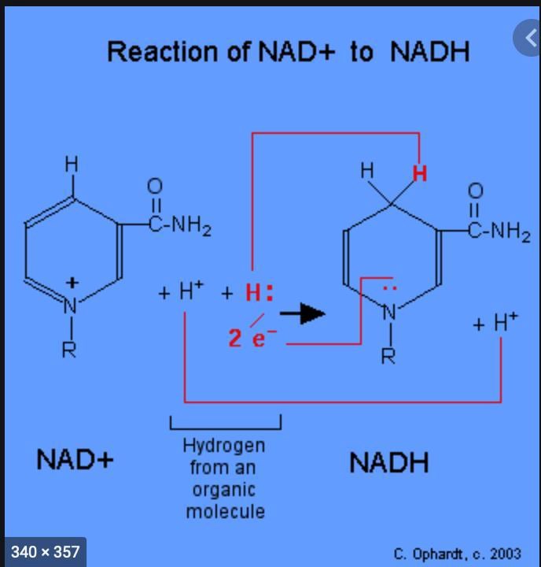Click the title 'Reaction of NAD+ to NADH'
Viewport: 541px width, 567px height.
pos(288,52)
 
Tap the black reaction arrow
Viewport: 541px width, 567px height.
pos(303,313)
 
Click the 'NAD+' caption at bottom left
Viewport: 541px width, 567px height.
pos(75,459)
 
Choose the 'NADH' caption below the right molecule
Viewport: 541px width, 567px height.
pos(389,462)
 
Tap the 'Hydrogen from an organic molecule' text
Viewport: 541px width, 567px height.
pos(225,478)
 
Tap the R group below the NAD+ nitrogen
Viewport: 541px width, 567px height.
pos(70,349)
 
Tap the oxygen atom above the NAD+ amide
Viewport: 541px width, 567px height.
pos(155,186)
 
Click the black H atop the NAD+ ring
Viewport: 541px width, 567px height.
pos(72,164)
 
